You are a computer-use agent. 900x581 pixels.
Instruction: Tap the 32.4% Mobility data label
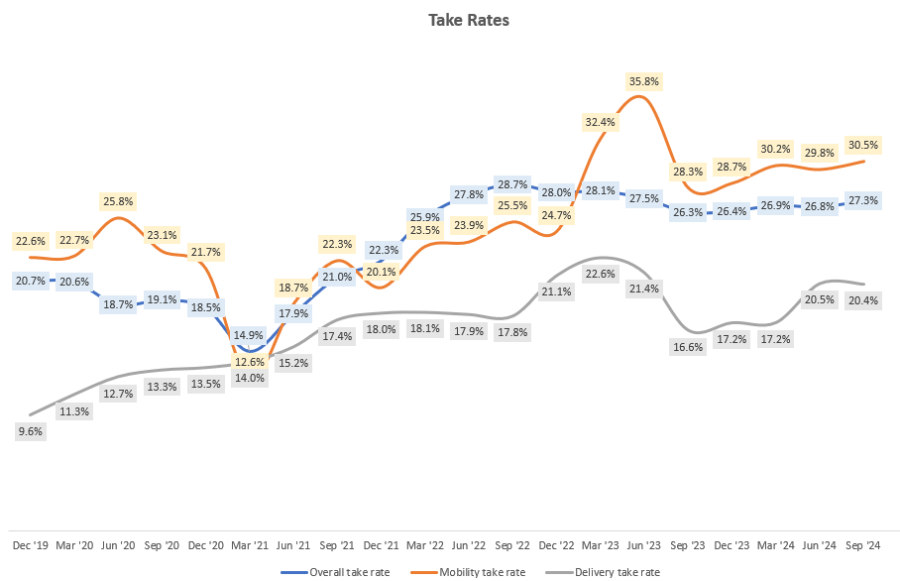tap(600, 122)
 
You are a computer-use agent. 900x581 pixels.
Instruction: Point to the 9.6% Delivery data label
tap(31, 431)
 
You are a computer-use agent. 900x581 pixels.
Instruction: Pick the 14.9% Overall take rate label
tap(250, 335)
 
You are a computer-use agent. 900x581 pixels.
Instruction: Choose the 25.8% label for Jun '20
tap(118, 201)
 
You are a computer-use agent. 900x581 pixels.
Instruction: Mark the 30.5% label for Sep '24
tap(862, 145)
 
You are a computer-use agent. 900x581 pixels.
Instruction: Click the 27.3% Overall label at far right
tap(862, 200)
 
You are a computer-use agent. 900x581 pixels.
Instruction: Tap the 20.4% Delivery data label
tap(862, 301)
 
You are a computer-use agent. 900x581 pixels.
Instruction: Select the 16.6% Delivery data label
tap(686, 347)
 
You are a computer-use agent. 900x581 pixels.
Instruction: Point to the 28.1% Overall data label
tap(600, 190)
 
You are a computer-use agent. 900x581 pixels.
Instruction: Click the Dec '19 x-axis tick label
tap(31, 545)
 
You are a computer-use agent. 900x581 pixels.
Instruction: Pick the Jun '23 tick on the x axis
tap(643, 545)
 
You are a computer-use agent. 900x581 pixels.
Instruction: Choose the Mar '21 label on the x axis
tap(250, 545)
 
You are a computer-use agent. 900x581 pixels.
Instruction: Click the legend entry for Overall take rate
tap(338, 572)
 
